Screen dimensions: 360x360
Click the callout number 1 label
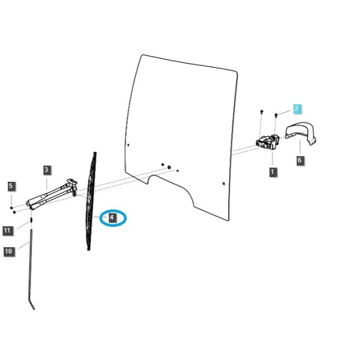[x=272, y=172]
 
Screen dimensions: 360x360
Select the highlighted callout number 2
[x=297, y=109]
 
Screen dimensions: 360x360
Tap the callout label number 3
[x=47, y=170]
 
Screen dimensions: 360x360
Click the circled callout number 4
[x=112, y=217]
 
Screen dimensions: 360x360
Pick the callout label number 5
[x=11, y=186]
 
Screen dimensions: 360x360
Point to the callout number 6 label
[x=299, y=160]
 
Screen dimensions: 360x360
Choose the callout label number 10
[x=8, y=251]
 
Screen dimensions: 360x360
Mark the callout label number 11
[x=7, y=230]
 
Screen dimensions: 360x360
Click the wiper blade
[x=91, y=201]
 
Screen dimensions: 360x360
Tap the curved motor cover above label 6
[x=301, y=133]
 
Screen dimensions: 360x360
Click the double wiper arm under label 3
[x=52, y=194]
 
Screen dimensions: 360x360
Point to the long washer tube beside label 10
[x=31, y=269]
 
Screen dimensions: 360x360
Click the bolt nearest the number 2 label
[x=276, y=115]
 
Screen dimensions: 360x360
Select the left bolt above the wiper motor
[x=262, y=112]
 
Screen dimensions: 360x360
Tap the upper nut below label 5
[x=11, y=208]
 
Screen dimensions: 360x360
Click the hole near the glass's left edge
[x=128, y=145]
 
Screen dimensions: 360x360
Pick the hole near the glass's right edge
[x=224, y=184]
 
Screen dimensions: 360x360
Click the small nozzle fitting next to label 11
[x=31, y=221]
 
